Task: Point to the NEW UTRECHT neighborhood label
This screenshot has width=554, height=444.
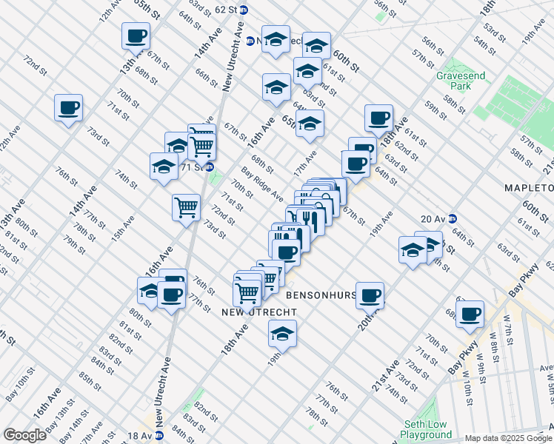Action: click(249, 313)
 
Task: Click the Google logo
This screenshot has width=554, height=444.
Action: click(24, 435)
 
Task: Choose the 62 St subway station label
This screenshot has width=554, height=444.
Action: click(225, 10)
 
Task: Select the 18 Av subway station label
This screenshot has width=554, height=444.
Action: click(139, 436)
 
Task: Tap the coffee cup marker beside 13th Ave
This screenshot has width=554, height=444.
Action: click(136, 36)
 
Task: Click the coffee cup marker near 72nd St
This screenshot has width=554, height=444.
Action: click(68, 109)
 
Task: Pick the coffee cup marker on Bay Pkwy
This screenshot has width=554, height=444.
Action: click(470, 314)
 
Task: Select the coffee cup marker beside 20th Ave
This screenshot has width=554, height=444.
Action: click(370, 296)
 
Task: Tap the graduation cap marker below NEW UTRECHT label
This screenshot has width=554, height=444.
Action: click(282, 334)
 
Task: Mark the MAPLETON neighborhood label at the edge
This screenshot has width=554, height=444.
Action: click(530, 188)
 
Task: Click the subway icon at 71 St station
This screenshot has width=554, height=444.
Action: click(210, 166)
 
